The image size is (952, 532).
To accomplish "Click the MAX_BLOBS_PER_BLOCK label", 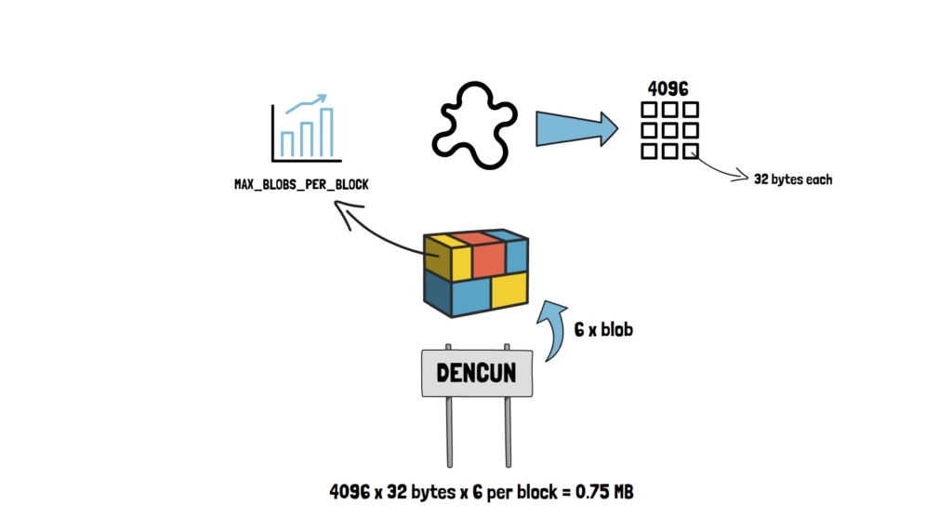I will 300,185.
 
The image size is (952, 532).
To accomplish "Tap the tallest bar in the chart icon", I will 326,133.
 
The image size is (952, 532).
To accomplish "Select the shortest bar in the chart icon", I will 287,143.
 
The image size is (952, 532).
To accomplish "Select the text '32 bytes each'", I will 793,180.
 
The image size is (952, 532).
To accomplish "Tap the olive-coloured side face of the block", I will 436,258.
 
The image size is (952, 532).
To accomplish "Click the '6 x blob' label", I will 604,329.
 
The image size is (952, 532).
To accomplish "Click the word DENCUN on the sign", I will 476,374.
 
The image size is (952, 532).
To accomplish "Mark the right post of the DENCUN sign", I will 508,432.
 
